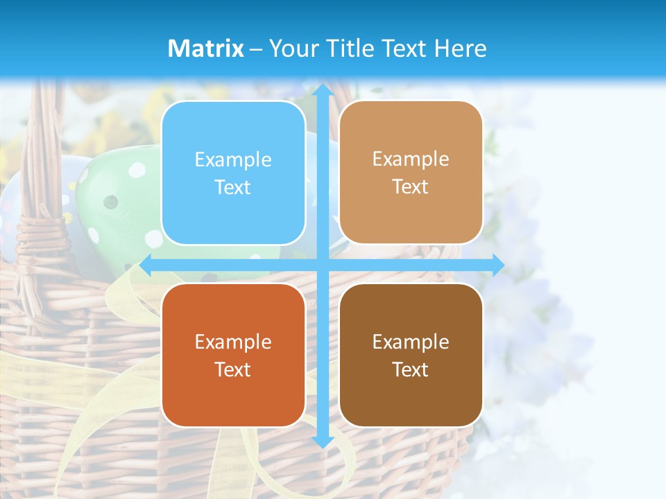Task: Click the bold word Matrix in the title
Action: coord(206,49)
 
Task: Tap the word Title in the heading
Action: coord(348,49)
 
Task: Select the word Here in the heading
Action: coord(460,49)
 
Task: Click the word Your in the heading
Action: coord(292,49)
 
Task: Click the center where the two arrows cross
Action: coord(322,265)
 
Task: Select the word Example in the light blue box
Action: coord(233,159)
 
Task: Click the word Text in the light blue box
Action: coord(233,187)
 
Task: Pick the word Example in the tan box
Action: coord(411,159)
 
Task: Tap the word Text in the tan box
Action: coord(411,186)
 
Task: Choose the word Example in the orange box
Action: coord(233,342)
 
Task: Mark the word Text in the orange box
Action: coord(233,369)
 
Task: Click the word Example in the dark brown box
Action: coord(411,342)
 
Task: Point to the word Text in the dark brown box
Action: coord(411,369)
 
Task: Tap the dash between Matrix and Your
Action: coord(256,49)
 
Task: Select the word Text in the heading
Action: coord(404,49)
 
